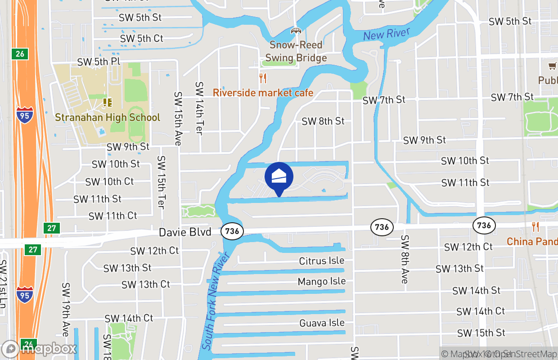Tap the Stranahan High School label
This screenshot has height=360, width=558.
(x=108, y=117)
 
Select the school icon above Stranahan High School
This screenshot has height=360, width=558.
(x=107, y=103)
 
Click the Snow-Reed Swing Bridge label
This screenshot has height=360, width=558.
(x=296, y=51)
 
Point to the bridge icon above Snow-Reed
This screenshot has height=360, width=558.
(x=296, y=31)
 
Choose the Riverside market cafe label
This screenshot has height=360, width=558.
(x=263, y=93)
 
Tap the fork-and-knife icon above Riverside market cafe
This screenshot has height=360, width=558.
(x=263, y=78)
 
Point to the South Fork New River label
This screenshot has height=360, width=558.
(x=216, y=301)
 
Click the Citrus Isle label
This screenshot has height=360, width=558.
(x=322, y=261)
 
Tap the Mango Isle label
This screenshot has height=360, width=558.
(x=322, y=282)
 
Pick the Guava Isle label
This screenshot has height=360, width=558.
(x=322, y=323)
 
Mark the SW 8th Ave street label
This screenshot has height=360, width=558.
(x=405, y=259)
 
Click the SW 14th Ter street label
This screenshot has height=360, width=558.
(x=199, y=108)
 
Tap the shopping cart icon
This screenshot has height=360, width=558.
(x=552, y=66)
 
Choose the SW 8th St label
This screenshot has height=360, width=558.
(x=323, y=121)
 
